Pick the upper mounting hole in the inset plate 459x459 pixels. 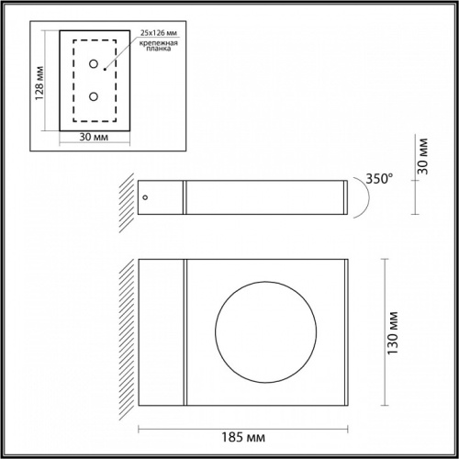coord(93,64)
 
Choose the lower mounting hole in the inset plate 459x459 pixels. coord(93,95)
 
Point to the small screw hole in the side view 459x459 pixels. coord(144,196)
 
